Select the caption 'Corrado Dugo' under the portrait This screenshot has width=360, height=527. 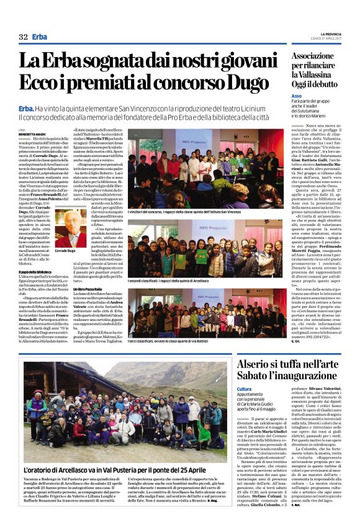65,251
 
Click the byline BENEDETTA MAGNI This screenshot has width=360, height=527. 33,133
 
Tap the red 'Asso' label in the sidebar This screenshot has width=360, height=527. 297,96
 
